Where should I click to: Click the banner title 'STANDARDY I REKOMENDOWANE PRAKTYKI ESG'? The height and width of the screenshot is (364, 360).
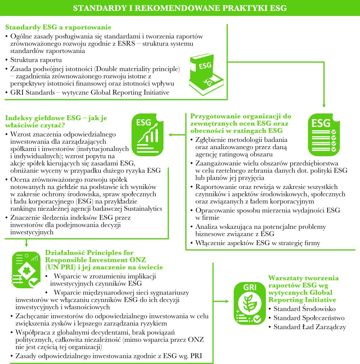tap(180, 8)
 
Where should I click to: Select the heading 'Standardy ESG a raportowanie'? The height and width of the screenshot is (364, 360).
tap(58, 27)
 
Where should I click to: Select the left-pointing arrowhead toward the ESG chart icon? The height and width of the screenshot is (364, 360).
tap(170, 135)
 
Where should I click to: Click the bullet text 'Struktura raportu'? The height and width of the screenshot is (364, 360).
tap(36, 59)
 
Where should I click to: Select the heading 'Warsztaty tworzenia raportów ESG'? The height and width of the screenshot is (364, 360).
tap(303, 282)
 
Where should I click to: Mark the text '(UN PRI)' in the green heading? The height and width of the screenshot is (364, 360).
tap(59, 267)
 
